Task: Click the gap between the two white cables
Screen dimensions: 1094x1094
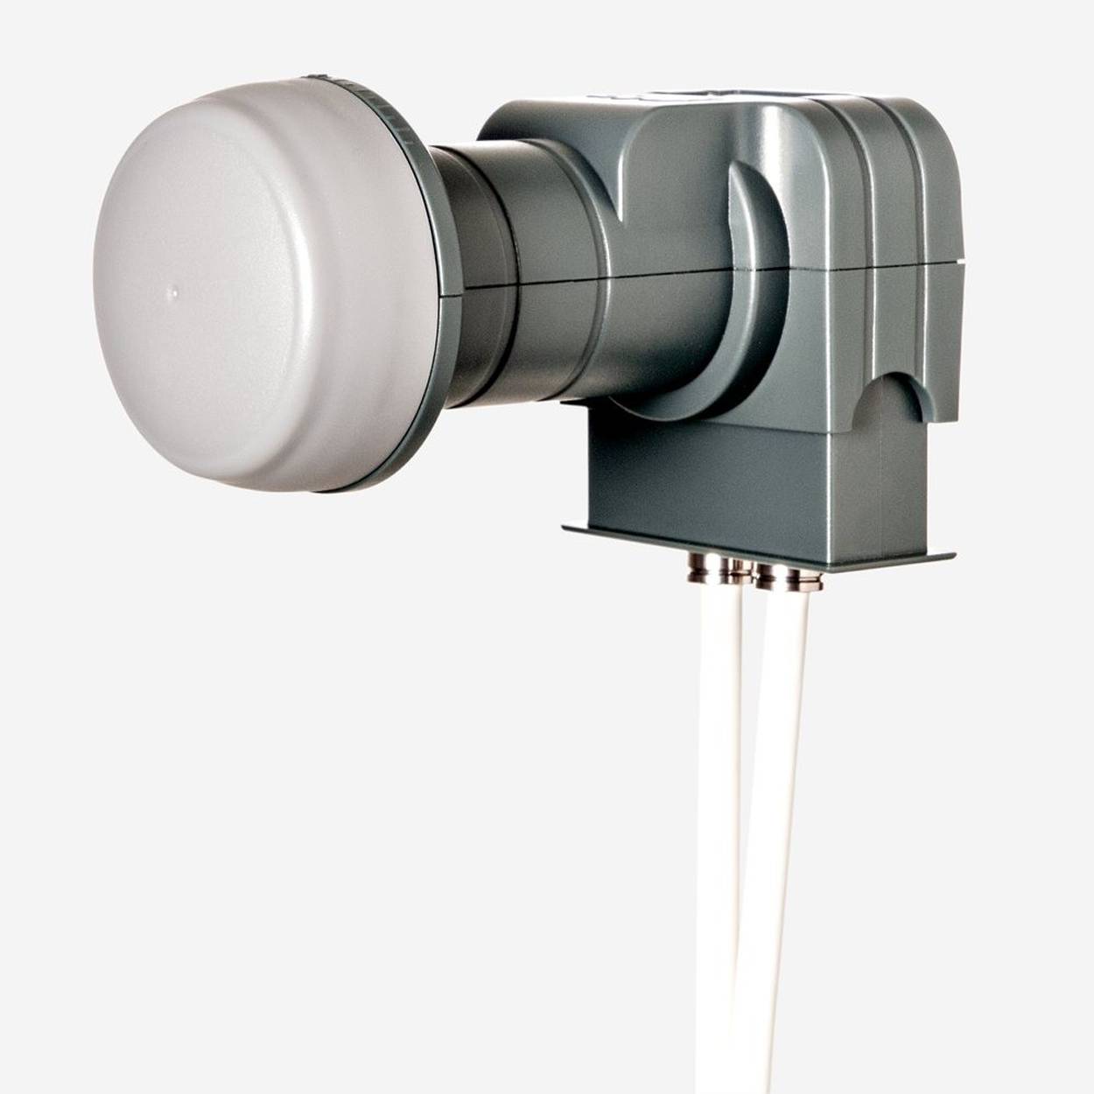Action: (x=748, y=744)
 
